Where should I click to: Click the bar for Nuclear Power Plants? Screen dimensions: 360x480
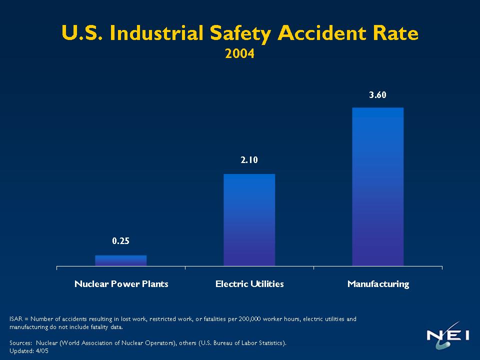coord(120,260)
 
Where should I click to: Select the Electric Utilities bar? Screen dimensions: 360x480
coord(249,220)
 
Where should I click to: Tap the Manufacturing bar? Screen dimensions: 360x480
coord(377,186)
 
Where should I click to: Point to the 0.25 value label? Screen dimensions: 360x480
coord(120,241)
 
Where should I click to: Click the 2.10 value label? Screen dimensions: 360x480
coord(249,160)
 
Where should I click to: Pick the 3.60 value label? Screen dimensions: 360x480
coord(377,95)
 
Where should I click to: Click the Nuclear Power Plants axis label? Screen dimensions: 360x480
coord(121,284)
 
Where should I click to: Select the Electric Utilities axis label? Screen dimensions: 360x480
coord(249,284)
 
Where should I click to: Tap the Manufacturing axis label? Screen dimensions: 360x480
coord(378,284)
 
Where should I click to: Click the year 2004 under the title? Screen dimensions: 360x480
coord(239,53)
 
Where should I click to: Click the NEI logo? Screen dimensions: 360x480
coord(447,336)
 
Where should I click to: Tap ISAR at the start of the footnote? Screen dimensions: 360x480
coord(16,319)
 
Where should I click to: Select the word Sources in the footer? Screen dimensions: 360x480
coord(21,343)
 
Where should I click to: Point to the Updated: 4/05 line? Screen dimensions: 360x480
coord(29,351)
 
